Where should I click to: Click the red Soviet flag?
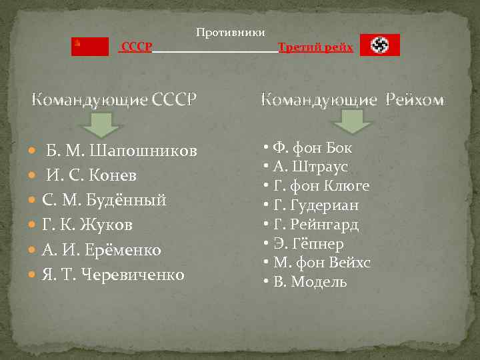90,46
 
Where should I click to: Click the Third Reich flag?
380,45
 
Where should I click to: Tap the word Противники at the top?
230,33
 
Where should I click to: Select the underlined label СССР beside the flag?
137,47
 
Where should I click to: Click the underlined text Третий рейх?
315,47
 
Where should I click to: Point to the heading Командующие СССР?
115,101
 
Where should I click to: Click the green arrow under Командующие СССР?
102,124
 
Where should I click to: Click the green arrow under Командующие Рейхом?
351,121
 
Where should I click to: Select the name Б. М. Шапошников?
121,151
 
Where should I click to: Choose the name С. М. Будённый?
104,200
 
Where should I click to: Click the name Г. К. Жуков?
87,225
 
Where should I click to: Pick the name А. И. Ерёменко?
101,250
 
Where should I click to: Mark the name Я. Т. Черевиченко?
113,275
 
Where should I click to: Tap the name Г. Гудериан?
316,205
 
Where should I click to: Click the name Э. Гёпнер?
308,243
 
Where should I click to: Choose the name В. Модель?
310,281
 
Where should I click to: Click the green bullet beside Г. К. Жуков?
35,225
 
